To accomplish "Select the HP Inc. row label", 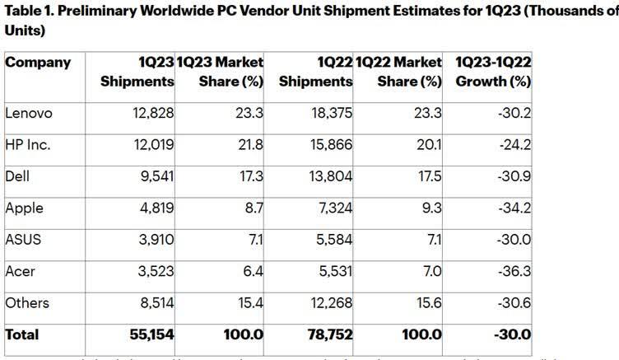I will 27,144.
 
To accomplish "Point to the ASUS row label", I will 22,240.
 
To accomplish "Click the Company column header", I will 38,63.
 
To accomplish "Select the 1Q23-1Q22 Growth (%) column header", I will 491,72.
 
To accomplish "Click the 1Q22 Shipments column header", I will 316,72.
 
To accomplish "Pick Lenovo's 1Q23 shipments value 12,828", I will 151,112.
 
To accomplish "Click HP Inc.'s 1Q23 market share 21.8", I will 249,144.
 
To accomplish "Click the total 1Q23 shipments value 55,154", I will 150,335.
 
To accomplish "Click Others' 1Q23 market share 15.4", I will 249,303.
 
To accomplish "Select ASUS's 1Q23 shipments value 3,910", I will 155,240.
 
